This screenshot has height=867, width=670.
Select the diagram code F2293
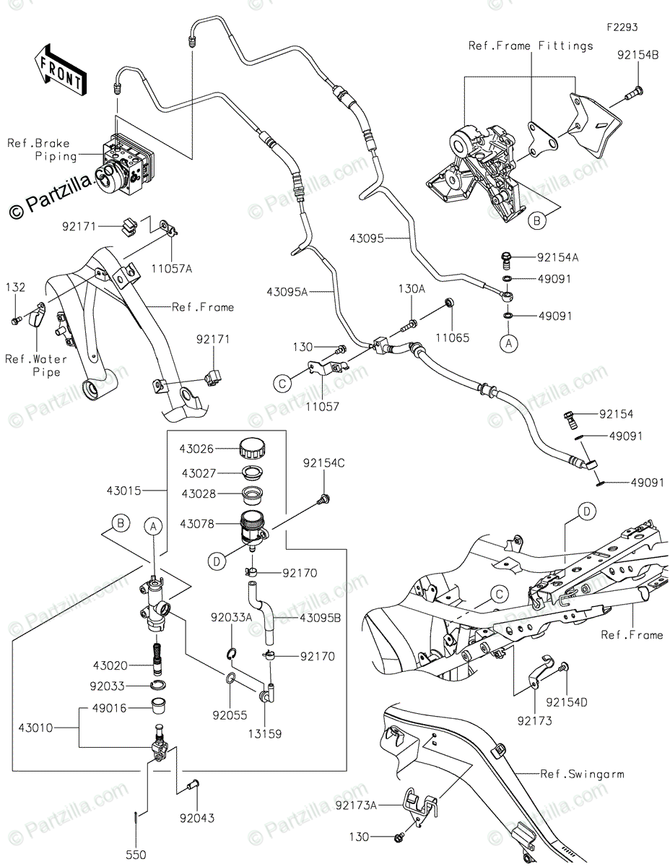coord(622,27)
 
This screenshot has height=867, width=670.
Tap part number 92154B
coord(638,54)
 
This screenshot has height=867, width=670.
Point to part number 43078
coord(197,523)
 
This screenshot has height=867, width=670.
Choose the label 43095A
coord(287,292)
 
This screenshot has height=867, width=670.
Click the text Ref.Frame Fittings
coord(531,46)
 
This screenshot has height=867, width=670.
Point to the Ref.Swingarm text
coord(582,774)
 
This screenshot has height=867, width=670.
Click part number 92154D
coord(567,702)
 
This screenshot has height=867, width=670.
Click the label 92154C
coord(323,463)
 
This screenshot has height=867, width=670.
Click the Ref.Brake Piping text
coord(42,150)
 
